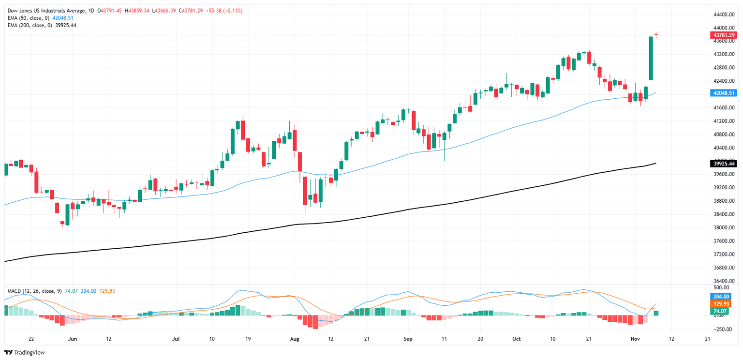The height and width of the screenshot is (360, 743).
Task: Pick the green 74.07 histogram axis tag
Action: tap(723, 311)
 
